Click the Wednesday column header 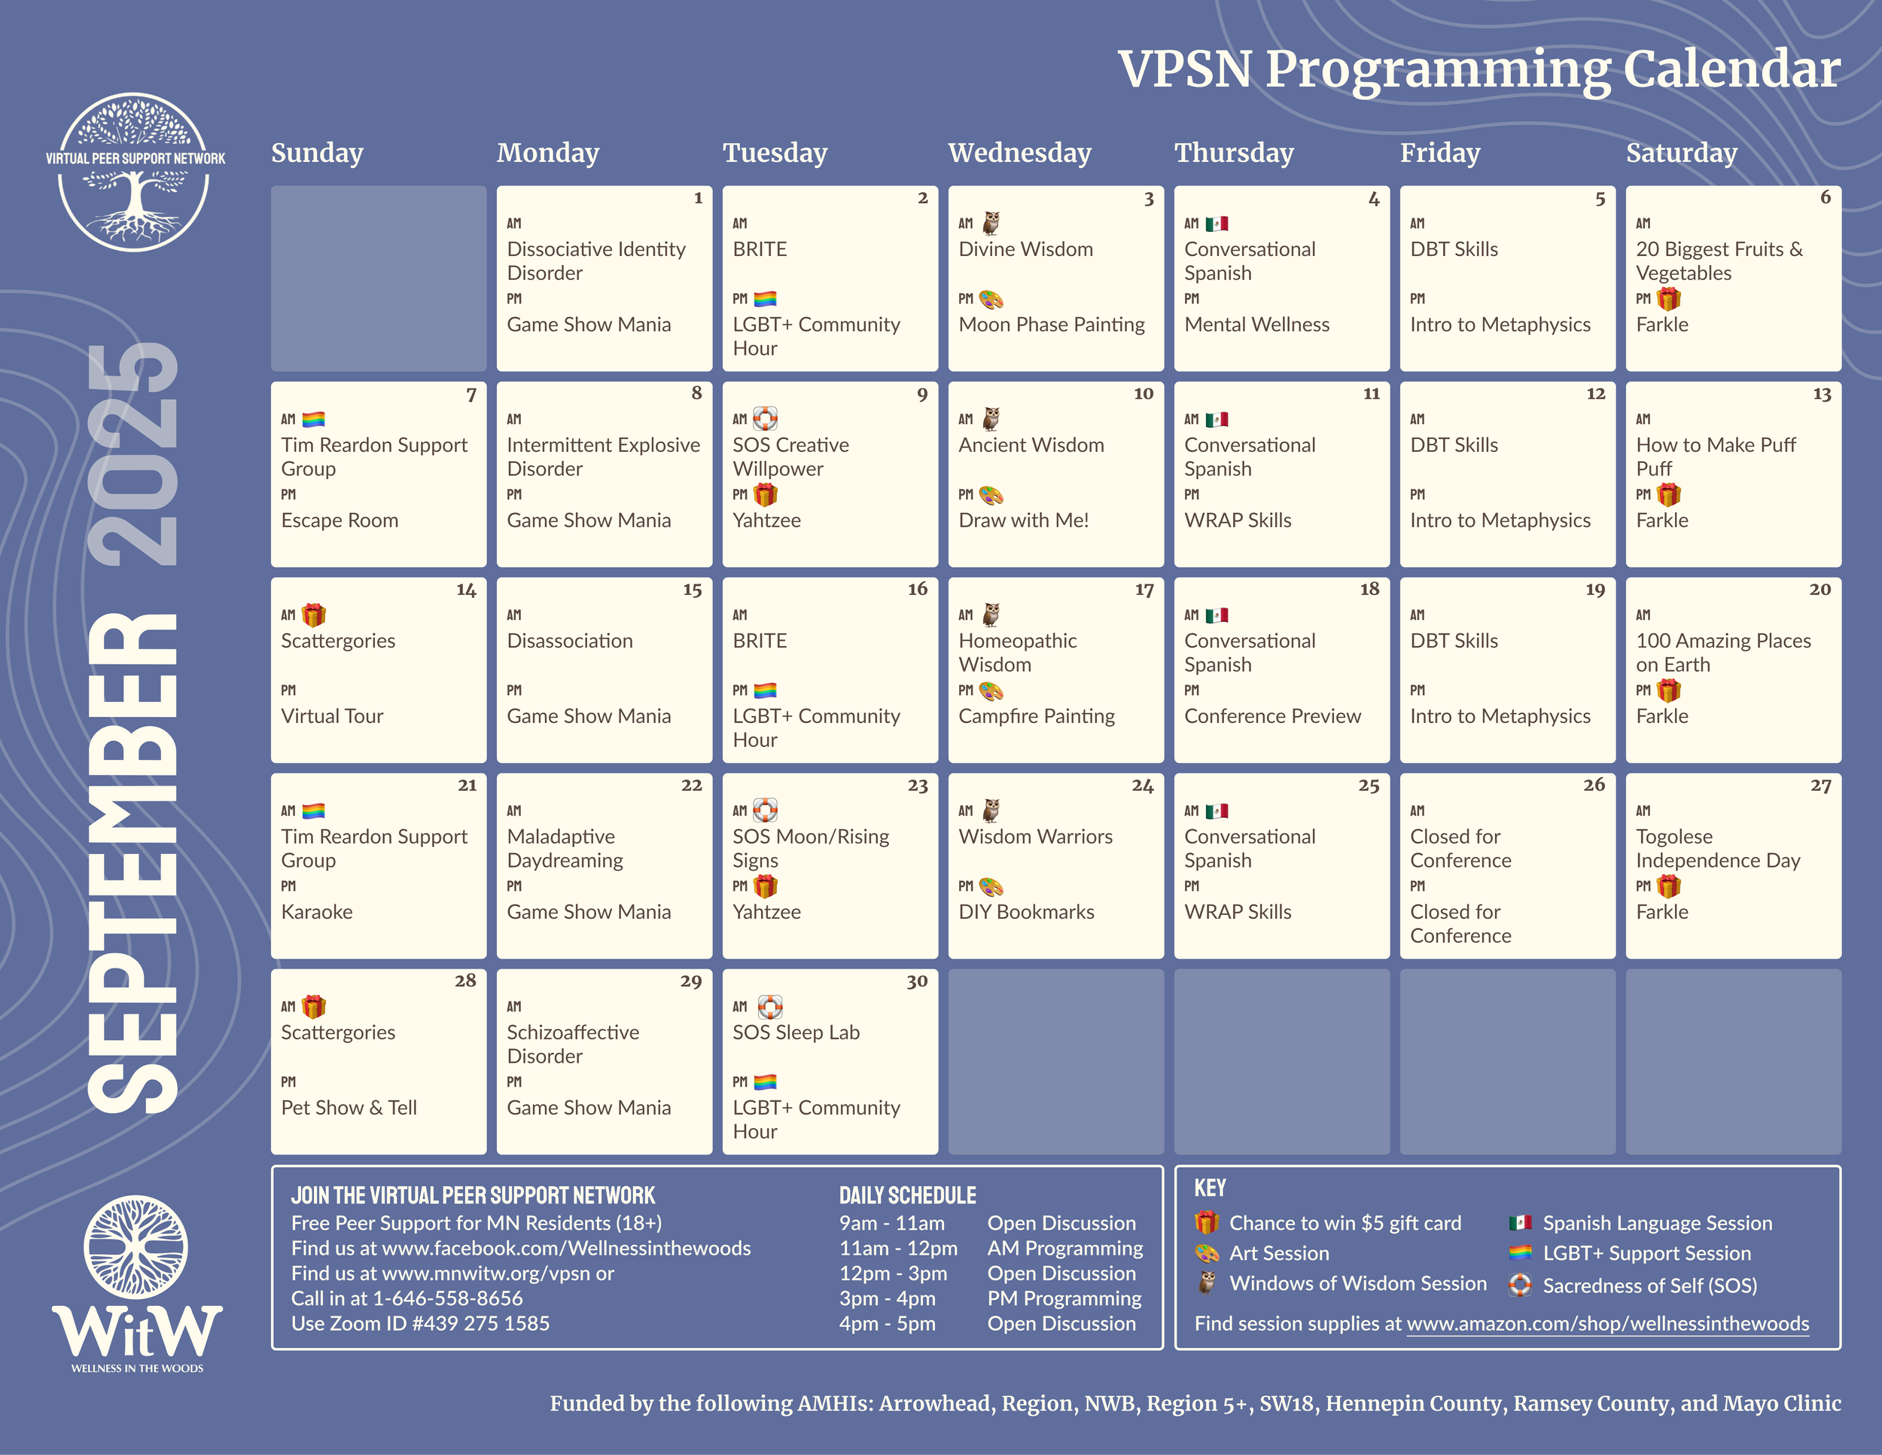1019,153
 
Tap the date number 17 1144,590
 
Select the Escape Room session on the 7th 340,520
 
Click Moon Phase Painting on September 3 1052,325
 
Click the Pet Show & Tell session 349,1108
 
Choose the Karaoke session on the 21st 316,912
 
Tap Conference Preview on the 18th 1272,716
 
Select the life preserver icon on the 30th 769,1007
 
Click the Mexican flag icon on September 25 1217,811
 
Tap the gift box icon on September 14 314,615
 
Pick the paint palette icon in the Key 1207,1253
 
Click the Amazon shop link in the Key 1607,1324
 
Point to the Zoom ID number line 421,1323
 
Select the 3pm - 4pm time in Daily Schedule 887,1299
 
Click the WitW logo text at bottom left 137,1331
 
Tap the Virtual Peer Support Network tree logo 135,172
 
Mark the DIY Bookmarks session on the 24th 1025,912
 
